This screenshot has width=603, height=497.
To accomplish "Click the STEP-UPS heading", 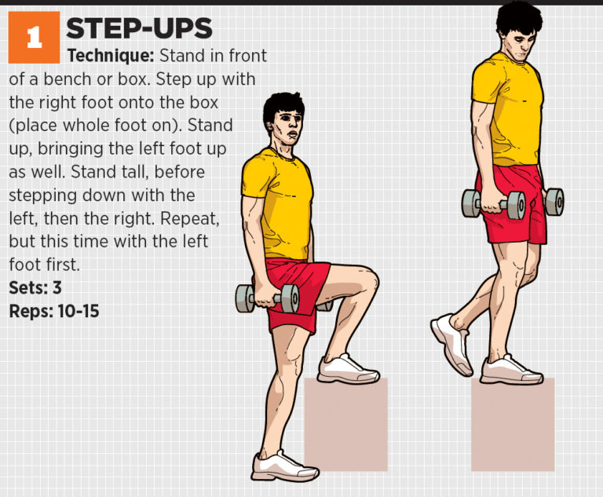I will pyautogui.click(x=139, y=29).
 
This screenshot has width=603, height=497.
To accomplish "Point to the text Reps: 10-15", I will pyautogui.click(x=54, y=311).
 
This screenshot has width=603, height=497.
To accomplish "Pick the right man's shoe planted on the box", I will pyautogui.click(x=510, y=369).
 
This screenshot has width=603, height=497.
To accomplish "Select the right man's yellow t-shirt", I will pyautogui.click(x=506, y=110).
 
